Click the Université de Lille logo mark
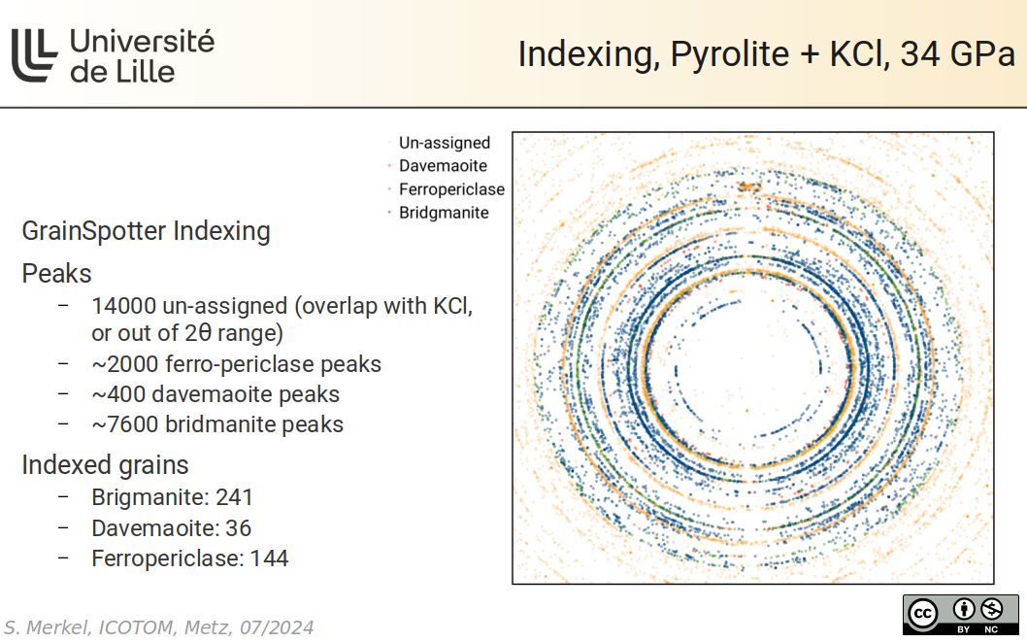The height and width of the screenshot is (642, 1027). pyautogui.click(x=35, y=55)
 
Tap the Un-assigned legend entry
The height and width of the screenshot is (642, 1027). pyautogui.click(x=444, y=143)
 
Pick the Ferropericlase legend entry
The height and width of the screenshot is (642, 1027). pyautogui.click(x=450, y=189)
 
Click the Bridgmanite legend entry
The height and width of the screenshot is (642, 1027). pyautogui.click(x=443, y=213)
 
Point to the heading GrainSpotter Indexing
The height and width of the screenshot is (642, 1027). pyautogui.click(x=146, y=231)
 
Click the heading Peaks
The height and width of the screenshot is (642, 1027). pyautogui.click(x=56, y=273)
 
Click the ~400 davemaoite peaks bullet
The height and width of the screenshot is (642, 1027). pyautogui.click(x=215, y=394)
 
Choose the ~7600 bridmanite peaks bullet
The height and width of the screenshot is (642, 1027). pyautogui.click(x=217, y=424)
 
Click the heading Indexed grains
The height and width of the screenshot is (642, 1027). pyautogui.click(x=105, y=465)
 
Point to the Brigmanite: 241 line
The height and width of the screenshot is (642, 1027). pyautogui.click(x=172, y=497)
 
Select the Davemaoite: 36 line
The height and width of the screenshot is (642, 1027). pyautogui.click(x=171, y=528)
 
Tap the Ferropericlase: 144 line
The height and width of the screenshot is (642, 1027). pyautogui.click(x=189, y=558)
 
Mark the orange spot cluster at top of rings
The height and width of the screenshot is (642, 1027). pyautogui.click(x=748, y=185)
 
